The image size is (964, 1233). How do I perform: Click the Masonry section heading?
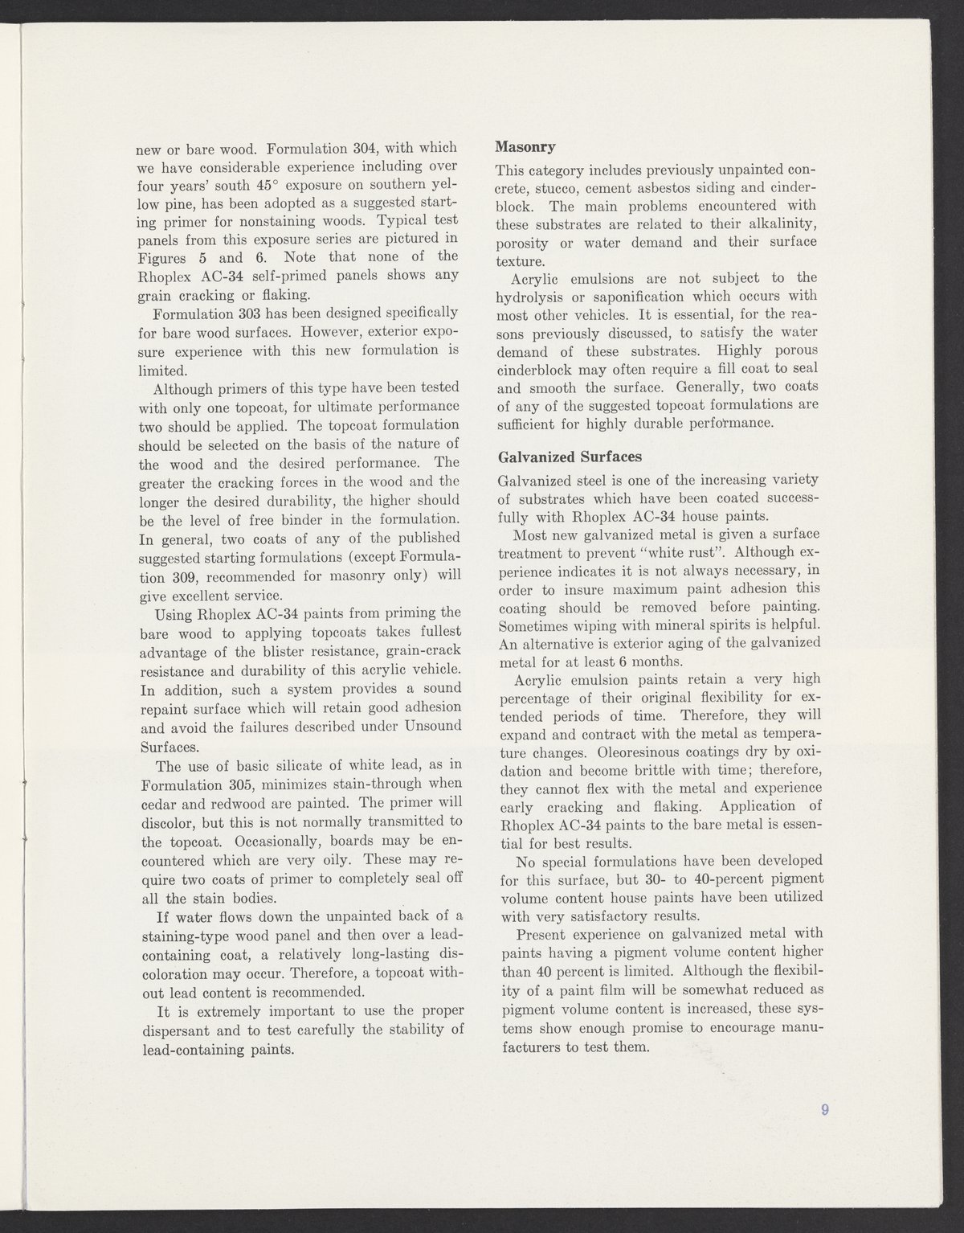[x=525, y=148]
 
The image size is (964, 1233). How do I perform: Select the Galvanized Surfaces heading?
[x=570, y=457]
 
